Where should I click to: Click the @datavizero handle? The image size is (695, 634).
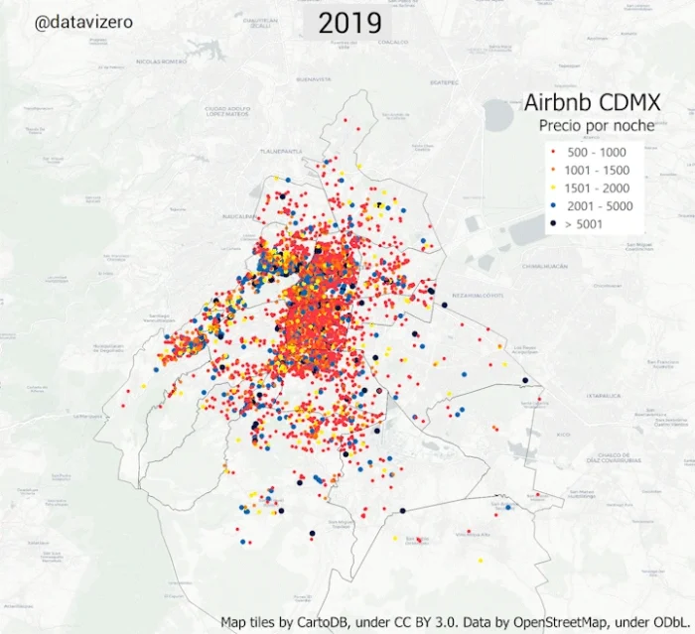tap(84, 20)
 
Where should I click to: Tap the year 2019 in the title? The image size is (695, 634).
tap(350, 23)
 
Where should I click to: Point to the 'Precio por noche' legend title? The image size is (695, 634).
tap(596, 125)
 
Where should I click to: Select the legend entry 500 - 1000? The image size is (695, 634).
tap(596, 152)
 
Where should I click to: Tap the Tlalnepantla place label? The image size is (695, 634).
tap(279, 152)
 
